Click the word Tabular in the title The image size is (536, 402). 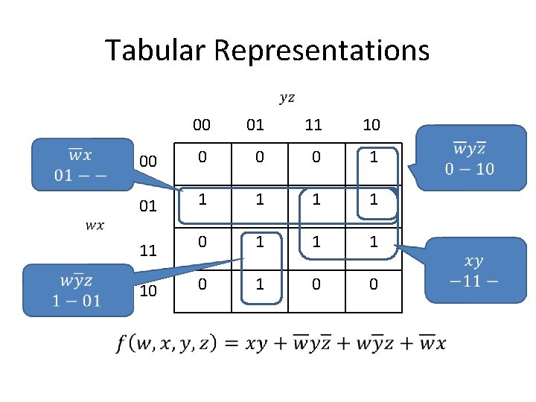(x=156, y=50)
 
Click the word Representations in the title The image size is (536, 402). (x=322, y=51)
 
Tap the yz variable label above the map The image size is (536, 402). (x=287, y=98)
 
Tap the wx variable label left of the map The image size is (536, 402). (x=95, y=225)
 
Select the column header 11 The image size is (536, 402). (x=313, y=124)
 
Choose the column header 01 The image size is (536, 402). (x=255, y=124)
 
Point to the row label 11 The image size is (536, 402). (x=148, y=250)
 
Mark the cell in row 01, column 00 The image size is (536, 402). (x=201, y=200)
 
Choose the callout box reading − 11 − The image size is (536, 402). (x=473, y=270)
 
